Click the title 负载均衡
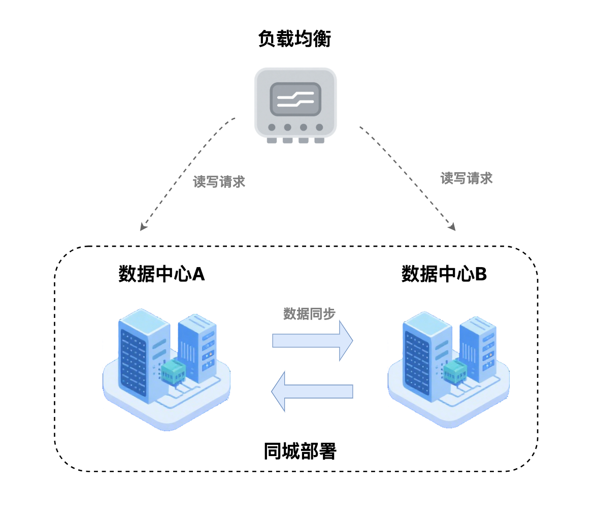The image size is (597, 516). (294, 39)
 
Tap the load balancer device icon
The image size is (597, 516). (295, 104)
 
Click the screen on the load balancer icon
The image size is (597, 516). (295, 99)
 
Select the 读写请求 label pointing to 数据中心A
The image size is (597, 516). (219, 182)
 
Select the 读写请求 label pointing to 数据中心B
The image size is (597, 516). (466, 178)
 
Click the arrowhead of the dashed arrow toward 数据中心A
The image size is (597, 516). (144, 227)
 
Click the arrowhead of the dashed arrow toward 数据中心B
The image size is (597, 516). (452, 227)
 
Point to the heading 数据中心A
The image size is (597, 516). (161, 274)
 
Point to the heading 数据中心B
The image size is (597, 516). (444, 274)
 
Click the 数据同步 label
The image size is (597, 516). (309, 314)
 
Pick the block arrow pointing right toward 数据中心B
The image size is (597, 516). (312, 341)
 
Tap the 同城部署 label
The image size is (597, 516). (300, 451)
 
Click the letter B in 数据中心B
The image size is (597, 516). (481, 274)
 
